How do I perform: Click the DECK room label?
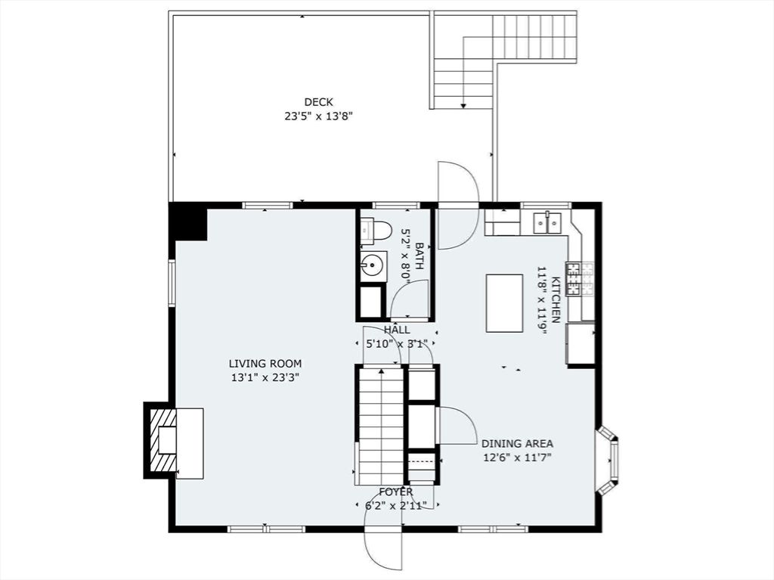pyautogui.click(x=318, y=102)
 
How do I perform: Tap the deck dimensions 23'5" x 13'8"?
pyautogui.click(x=319, y=116)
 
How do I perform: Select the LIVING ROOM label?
pyautogui.click(x=265, y=364)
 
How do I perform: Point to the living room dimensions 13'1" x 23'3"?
pyautogui.click(x=265, y=378)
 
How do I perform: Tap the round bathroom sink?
pyautogui.click(x=372, y=265)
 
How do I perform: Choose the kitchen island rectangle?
pyautogui.click(x=504, y=303)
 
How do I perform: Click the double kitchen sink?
pyautogui.click(x=547, y=222)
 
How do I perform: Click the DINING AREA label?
pyautogui.click(x=517, y=444)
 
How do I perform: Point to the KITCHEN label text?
pyautogui.click(x=556, y=299)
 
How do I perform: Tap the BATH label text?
pyautogui.click(x=419, y=256)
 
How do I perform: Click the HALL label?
pyautogui.click(x=397, y=330)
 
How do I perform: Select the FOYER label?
pyautogui.click(x=396, y=492)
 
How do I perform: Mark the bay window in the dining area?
pyautogui.click(x=608, y=460)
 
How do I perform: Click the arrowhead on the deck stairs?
pyautogui.click(x=463, y=105)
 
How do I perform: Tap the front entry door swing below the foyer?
pyautogui.click(x=384, y=537)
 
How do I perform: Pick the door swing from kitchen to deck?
pyautogui.click(x=458, y=204)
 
